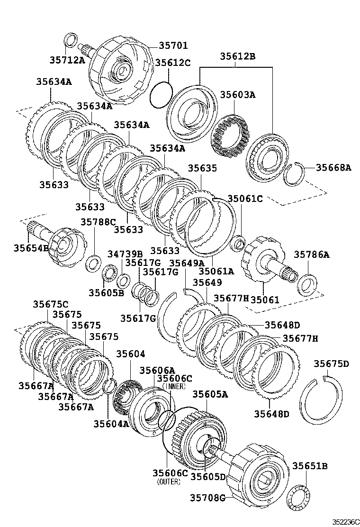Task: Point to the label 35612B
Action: coord(237,56)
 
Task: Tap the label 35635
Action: coord(202,168)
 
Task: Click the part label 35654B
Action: coord(31,248)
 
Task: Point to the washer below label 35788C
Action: coord(93,262)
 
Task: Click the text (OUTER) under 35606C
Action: coord(169,482)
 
